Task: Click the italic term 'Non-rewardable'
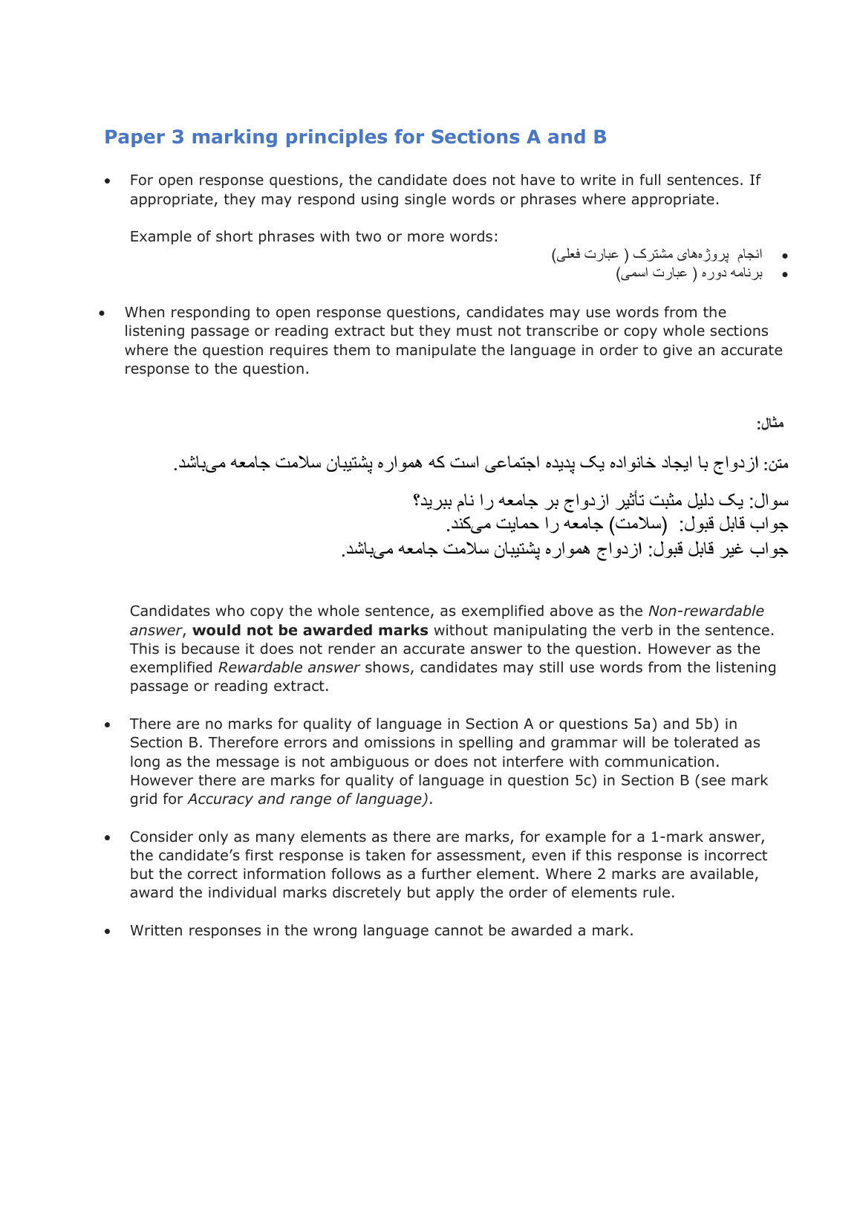point(706,611)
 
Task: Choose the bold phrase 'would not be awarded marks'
point(310,630)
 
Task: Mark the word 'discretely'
point(368,892)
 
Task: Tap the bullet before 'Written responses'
point(108,931)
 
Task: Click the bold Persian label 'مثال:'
point(770,423)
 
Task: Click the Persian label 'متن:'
point(776,464)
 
